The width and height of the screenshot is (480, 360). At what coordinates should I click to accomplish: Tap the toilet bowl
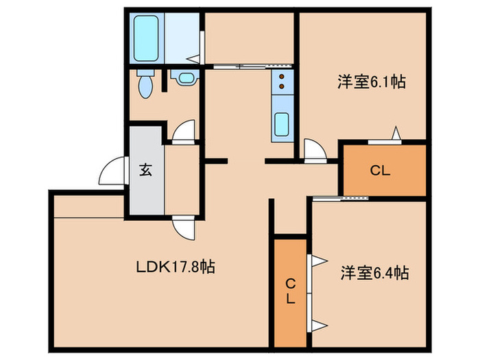[145, 85]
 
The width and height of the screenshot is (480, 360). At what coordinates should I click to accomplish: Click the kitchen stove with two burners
[281, 83]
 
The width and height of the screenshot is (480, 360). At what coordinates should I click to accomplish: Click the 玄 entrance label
[146, 169]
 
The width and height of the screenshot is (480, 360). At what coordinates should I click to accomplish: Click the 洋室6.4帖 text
[374, 274]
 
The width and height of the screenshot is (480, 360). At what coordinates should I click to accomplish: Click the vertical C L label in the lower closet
[290, 292]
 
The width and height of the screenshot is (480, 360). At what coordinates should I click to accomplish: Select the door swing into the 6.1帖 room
[314, 149]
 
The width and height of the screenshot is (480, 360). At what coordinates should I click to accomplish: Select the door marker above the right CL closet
[394, 134]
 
